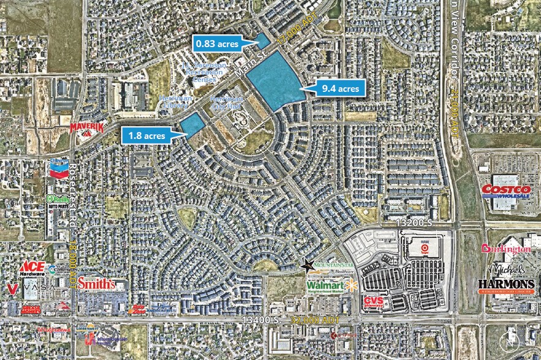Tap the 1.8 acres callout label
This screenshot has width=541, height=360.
point(147,136)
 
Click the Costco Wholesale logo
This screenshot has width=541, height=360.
point(505,190)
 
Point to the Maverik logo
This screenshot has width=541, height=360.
point(86,128)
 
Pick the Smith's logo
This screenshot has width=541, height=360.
point(97,283)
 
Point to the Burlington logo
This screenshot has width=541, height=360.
point(506,249)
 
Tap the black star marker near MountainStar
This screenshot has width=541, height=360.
point(306,265)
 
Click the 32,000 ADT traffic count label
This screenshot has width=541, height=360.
point(307,320)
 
